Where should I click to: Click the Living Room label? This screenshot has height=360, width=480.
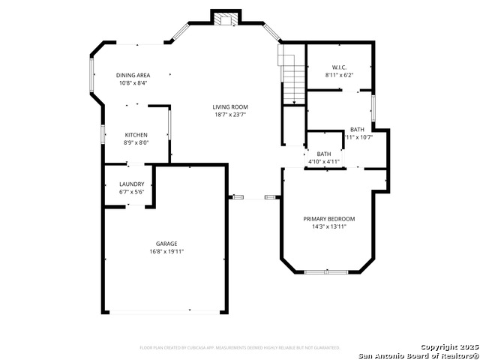(230, 107)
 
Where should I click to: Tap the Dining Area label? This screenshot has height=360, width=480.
(133, 75)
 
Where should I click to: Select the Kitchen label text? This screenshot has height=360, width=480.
(136, 134)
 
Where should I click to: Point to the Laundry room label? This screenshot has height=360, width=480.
(131, 184)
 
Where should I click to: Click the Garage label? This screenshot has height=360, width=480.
(166, 244)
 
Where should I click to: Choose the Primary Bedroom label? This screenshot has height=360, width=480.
(328, 219)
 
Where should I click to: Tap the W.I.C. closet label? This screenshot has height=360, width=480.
(338, 67)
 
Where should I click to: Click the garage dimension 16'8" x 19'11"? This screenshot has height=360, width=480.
(166, 252)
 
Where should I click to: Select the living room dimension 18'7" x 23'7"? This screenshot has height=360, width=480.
(230, 115)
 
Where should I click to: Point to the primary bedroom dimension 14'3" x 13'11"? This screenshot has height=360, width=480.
(328, 227)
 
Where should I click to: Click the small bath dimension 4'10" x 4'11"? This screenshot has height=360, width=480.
(324, 162)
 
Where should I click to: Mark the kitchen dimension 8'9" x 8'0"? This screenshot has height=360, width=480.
(136, 142)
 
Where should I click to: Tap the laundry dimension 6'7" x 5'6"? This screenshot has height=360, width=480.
(131, 193)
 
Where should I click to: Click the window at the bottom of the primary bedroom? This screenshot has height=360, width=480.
(326, 271)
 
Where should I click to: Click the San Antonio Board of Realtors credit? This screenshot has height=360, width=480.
(418, 355)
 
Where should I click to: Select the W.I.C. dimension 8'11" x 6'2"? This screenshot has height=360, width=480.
(338, 76)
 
